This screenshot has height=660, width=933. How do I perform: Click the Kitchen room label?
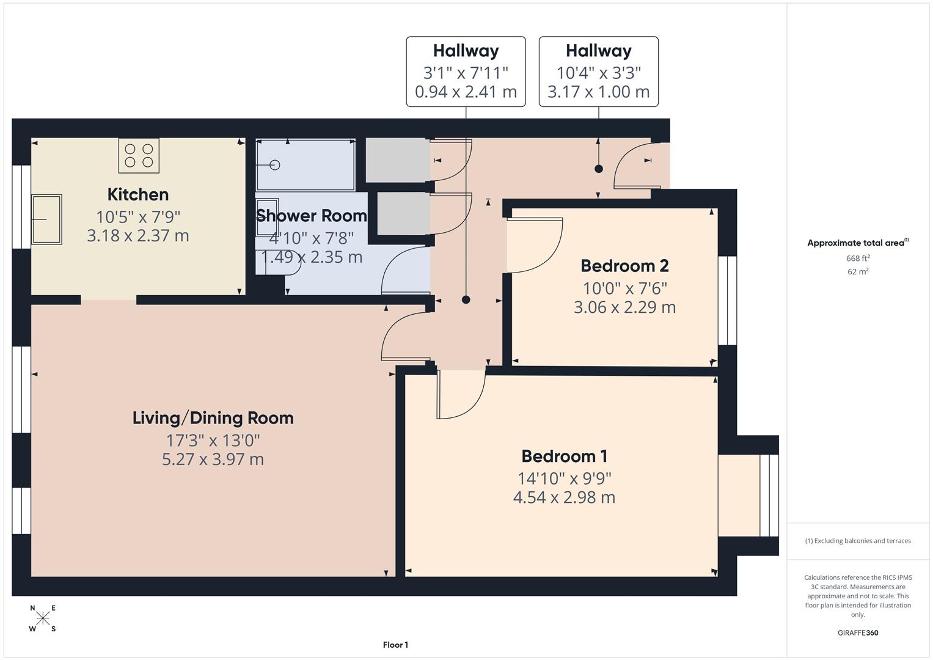(x=137, y=194)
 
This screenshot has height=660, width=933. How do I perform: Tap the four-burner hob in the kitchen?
(x=139, y=155)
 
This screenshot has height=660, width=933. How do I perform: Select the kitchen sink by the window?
(x=46, y=219)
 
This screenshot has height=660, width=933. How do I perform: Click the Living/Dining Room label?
(x=213, y=418)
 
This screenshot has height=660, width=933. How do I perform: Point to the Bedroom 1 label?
(x=564, y=456)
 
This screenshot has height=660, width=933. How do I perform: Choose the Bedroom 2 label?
(x=624, y=266)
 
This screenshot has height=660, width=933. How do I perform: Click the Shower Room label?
(x=311, y=216)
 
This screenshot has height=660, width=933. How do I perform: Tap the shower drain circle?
(x=274, y=165)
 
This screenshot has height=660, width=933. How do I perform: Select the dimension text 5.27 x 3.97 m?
(x=213, y=460)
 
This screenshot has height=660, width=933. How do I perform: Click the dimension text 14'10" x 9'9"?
(x=564, y=478)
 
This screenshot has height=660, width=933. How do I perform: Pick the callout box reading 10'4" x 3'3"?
(x=598, y=71)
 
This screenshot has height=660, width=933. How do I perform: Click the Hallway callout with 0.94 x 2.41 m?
(x=466, y=71)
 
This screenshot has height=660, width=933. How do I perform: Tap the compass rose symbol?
(x=43, y=618)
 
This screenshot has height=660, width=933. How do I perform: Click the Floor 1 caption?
(x=395, y=645)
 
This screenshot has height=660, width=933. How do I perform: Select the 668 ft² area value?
(x=858, y=258)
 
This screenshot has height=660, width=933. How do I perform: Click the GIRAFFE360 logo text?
(x=858, y=632)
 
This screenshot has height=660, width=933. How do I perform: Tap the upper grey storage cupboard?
(x=397, y=160)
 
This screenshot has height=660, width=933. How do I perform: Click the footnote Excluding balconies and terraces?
(x=858, y=541)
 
